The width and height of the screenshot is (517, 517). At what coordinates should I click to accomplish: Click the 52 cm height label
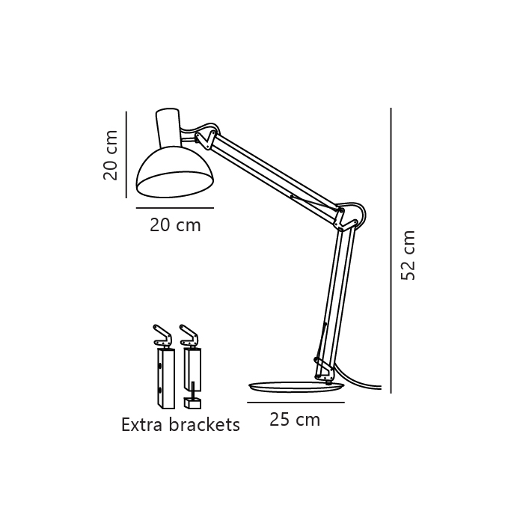coord(408,256)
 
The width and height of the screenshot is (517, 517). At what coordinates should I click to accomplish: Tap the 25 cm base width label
coord(295,420)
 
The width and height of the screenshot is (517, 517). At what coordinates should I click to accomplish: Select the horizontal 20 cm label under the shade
coord(175,225)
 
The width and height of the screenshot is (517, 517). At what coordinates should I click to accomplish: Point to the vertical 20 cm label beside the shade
coord(110,156)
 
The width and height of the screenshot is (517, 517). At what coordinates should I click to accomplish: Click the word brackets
coord(204,424)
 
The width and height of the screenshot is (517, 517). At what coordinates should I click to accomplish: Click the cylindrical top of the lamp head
coord(168,128)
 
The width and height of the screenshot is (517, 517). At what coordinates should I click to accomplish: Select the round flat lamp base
coord(296,387)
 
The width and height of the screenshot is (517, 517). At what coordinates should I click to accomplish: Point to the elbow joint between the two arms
coord(349,218)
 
